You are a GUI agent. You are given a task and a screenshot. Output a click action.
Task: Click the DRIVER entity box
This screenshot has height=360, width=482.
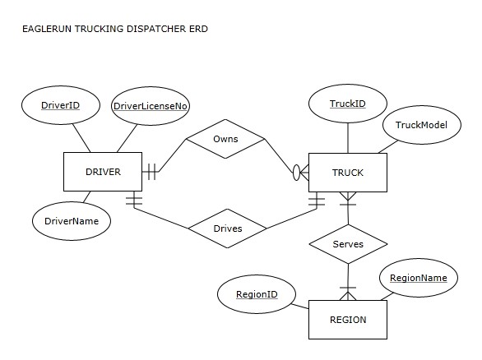coord(103,172)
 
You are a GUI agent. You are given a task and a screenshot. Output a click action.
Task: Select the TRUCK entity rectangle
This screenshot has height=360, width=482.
coord(347,173)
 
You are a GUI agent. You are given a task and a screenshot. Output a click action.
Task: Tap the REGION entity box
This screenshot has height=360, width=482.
coord(347,320)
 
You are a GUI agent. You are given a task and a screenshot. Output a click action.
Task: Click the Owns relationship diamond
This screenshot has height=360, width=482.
coord(225,139)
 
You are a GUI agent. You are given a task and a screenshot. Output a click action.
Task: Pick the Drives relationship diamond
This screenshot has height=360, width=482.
coord(227,228)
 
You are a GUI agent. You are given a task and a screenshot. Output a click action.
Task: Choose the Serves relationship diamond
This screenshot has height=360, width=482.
coord(348,244)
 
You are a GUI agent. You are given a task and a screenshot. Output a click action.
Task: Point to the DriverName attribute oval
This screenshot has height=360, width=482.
coord(72,220)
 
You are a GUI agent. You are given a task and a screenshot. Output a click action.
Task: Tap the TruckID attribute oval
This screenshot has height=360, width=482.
coord(347,104)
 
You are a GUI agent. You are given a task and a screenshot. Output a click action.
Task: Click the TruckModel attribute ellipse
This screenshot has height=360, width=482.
coord(420,125)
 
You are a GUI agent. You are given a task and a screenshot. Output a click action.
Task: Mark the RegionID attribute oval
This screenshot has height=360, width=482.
coord(257,293)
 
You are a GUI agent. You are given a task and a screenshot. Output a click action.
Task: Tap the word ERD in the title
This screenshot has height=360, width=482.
coord(198,29)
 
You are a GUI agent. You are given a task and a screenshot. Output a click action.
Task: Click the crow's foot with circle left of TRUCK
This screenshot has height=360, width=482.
coord(300,173)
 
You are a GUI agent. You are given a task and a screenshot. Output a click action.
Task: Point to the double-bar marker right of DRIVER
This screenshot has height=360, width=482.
coord(151,172)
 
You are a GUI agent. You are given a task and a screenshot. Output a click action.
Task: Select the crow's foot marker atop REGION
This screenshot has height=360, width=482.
coord(348,293)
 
